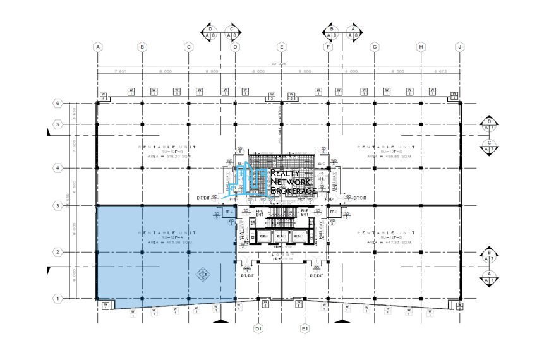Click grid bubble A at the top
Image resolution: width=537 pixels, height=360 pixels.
[x=97, y=47]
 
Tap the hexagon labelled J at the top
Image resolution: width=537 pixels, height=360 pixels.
[x=461, y=47]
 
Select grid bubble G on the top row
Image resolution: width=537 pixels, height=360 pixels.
[x=375, y=47]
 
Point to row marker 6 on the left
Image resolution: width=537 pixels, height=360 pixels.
[x=57, y=102]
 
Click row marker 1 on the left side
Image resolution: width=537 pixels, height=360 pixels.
[x=57, y=298]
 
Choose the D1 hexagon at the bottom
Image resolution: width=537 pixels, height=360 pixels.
[x=258, y=329]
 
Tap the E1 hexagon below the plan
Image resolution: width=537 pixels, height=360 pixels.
[x=305, y=329]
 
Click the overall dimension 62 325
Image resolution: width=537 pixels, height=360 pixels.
[x=281, y=64]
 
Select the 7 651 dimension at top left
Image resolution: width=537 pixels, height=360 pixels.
[x=120, y=71]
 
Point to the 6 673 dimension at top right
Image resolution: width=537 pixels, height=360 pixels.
[x=440, y=71]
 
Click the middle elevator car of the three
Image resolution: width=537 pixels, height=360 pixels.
[x=281, y=237]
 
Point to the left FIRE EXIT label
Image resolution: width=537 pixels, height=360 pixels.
[x=256, y=212]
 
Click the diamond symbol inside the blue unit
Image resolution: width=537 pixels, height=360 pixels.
[x=203, y=273]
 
